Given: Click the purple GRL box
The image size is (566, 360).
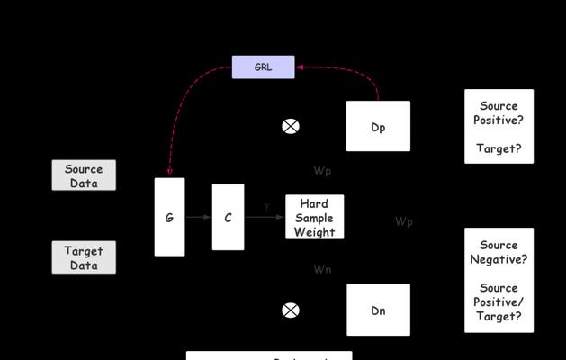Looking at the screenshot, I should [263, 67].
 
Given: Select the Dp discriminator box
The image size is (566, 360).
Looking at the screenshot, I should [378, 127].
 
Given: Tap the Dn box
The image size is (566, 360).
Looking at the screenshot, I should [378, 310].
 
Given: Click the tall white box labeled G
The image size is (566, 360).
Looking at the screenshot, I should [169, 217].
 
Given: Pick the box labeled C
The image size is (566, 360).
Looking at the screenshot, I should [228, 217].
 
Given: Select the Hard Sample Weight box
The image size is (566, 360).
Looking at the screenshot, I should [314, 218].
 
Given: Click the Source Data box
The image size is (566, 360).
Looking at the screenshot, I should [84, 175].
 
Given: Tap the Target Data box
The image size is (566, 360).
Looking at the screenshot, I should [84, 257].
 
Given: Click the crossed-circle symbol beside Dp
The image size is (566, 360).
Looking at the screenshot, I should [291, 127].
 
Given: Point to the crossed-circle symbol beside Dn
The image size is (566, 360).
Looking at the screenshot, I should [291, 310].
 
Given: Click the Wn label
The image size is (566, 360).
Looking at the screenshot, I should [322, 269].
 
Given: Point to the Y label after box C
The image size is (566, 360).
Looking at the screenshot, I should [267, 207].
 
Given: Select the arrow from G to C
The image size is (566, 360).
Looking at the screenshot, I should [198, 217].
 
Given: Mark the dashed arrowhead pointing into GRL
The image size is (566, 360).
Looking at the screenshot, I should [301, 67].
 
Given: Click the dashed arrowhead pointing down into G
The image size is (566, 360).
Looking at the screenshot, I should [169, 171].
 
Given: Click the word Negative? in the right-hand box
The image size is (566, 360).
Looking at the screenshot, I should [499, 259].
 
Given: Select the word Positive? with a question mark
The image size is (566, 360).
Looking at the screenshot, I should [499, 121].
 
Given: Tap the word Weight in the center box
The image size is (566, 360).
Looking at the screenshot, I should [314, 232].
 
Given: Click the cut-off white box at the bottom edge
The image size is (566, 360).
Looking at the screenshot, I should [268, 356].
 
